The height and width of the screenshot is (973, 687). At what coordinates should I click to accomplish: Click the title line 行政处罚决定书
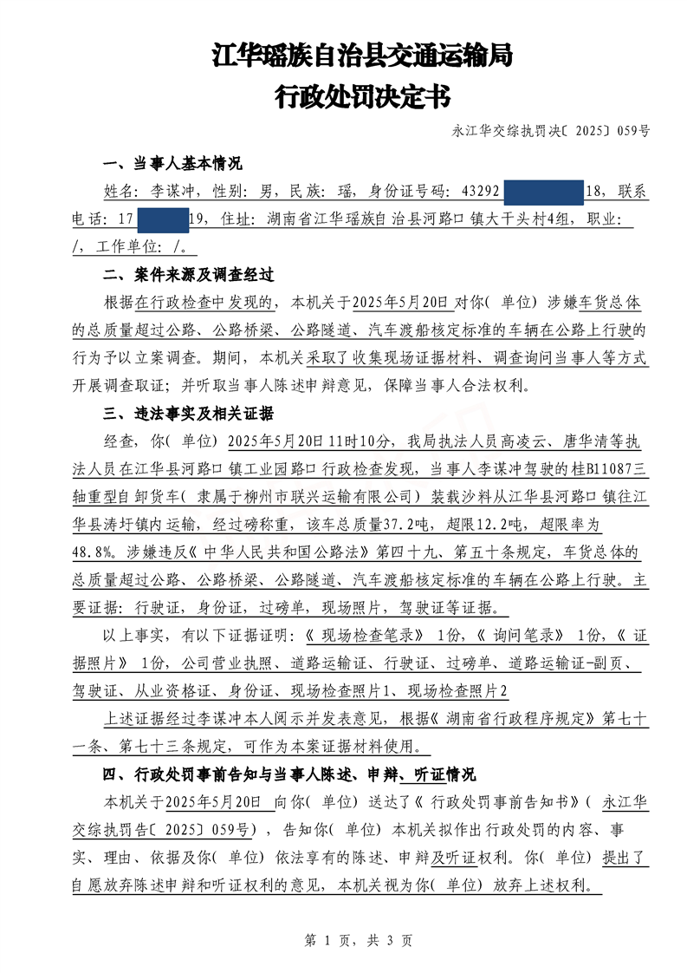click(x=362, y=96)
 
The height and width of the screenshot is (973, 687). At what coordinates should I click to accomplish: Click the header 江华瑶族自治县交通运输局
click(x=362, y=56)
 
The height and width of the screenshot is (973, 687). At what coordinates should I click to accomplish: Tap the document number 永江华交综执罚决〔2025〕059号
click(x=551, y=132)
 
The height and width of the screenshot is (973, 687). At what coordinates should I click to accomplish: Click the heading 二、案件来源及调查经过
click(x=188, y=275)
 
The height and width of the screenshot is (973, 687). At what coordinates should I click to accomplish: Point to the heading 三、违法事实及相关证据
click(x=188, y=412)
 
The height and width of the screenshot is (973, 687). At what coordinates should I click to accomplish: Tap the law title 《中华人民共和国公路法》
click(x=249, y=552)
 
